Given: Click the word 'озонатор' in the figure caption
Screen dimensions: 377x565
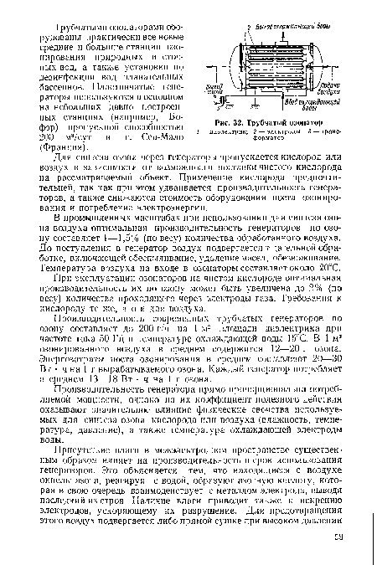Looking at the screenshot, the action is [307, 124].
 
